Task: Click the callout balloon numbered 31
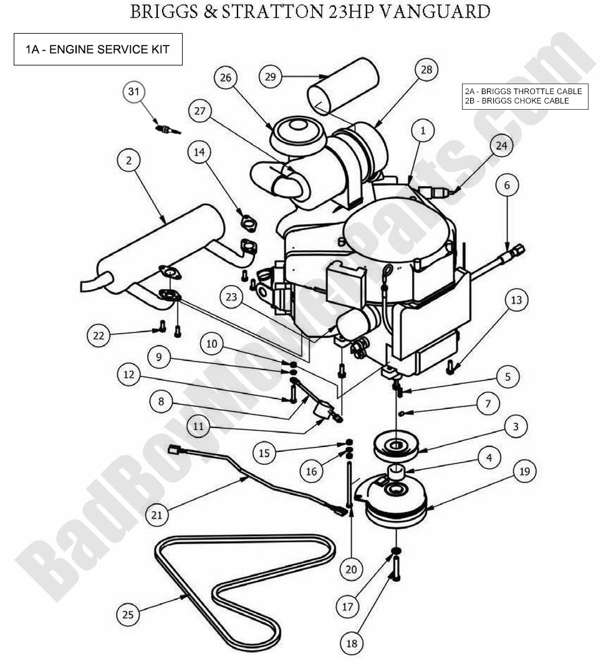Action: point(133,92)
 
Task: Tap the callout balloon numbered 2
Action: point(128,161)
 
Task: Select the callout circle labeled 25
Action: point(128,615)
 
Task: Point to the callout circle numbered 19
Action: point(524,471)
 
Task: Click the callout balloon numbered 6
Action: point(507,185)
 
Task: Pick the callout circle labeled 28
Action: point(426,70)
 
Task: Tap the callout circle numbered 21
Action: point(157,515)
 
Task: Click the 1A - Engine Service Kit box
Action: point(98,49)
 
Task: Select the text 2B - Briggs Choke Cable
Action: point(517,101)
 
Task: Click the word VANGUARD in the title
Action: point(436,12)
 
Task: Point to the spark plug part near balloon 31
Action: point(168,129)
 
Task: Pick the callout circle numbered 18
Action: point(353,643)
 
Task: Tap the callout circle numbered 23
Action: point(232,298)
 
